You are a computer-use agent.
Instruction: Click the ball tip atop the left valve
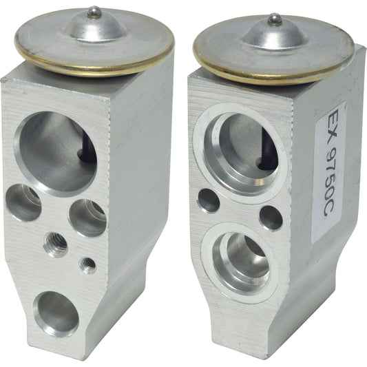point(94,11)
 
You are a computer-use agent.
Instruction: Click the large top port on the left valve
point(55,152)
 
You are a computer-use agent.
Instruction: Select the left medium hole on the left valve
point(23,202)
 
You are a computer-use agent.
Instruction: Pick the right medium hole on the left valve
point(87,218)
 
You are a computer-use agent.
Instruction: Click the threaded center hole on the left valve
point(56,243)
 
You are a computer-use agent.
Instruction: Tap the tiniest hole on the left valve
point(87,264)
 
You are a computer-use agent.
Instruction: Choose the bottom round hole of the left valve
point(56,313)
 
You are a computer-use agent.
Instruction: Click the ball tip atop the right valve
point(275,18)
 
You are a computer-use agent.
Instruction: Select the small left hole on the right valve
point(209,200)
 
